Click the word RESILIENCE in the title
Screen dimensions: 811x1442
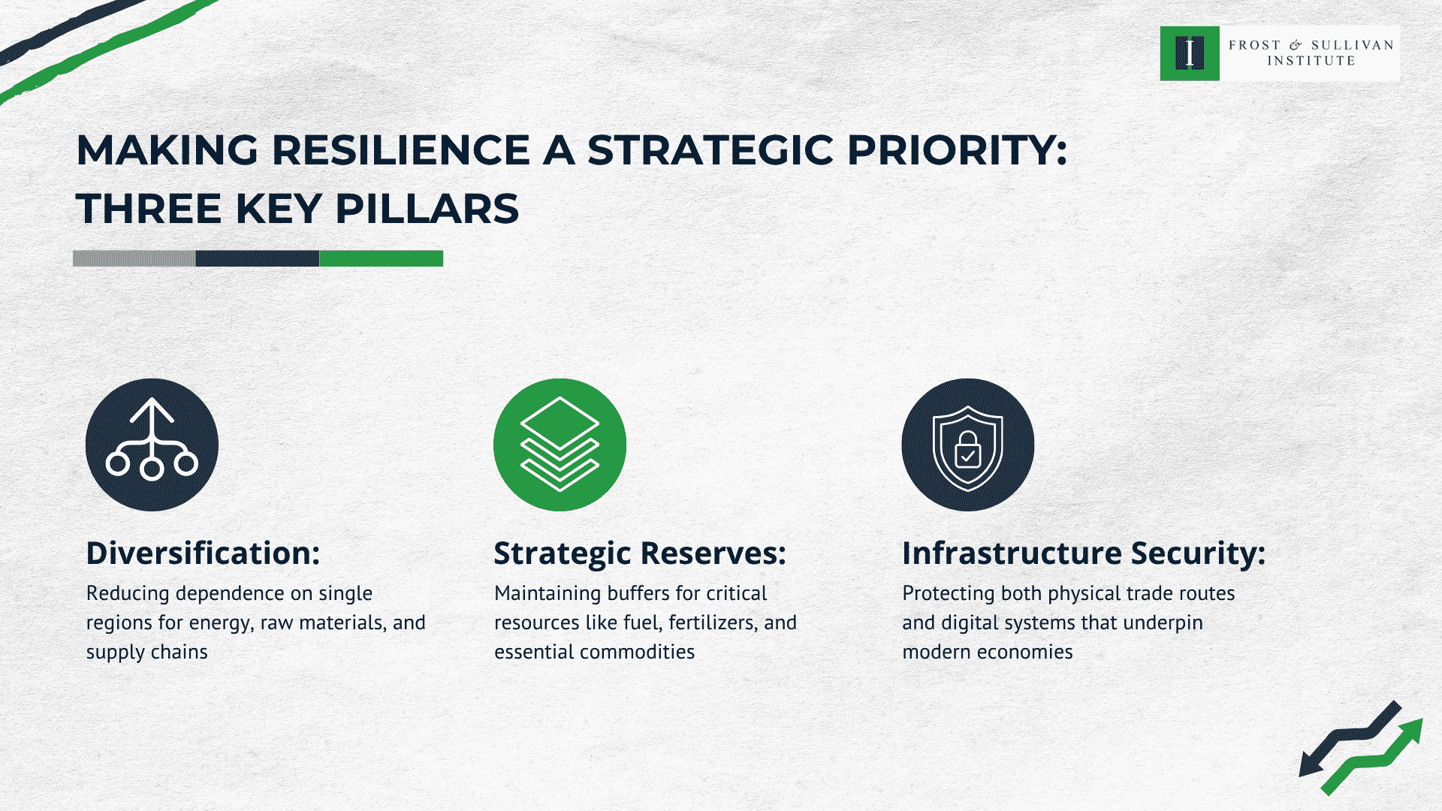[400, 150]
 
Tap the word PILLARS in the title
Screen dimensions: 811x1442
[427, 209]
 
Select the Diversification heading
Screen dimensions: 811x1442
[203, 553]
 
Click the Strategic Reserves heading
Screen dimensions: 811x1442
[640, 553]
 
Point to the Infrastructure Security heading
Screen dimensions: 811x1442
[1084, 553]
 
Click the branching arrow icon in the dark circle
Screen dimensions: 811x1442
[152, 445]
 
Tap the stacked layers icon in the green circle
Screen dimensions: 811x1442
[560, 445]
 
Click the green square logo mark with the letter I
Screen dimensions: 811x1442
[1190, 54]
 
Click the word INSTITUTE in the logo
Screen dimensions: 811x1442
[1311, 62]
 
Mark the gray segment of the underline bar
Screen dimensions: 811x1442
[134, 258]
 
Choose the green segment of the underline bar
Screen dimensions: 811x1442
[381, 258]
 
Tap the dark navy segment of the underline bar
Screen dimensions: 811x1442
[258, 258]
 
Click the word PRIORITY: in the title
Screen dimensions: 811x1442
[957, 150]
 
